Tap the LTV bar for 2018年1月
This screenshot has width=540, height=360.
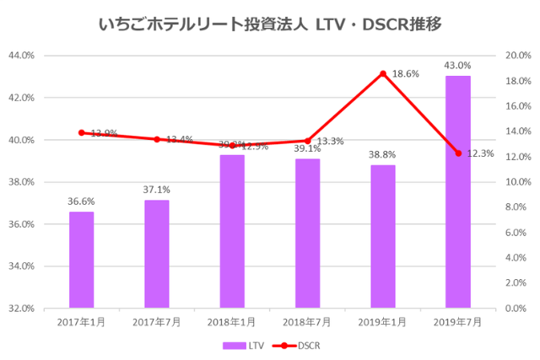[x=232, y=232]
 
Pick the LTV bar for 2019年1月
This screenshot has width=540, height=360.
[x=383, y=237]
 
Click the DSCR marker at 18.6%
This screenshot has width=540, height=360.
[x=383, y=74]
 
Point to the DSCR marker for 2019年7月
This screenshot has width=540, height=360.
[x=458, y=153]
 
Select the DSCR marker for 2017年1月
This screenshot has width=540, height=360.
[x=82, y=132]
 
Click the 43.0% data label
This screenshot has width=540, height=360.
[x=458, y=65]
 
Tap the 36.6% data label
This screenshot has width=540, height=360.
[x=82, y=201]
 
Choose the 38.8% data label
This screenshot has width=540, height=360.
[x=383, y=155]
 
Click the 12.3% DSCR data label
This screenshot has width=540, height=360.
[x=483, y=153]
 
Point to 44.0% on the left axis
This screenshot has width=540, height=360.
[x=20, y=56]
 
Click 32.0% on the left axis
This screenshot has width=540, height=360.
[x=20, y=309]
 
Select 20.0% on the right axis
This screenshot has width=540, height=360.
[x=516, y=56]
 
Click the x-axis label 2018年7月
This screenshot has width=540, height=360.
[x=307, y=321]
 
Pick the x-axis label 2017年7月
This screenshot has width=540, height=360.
[x=157, y=321]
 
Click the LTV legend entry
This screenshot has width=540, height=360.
[x=244, y=345]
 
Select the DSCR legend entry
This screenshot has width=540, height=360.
[x=300, y=345]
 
